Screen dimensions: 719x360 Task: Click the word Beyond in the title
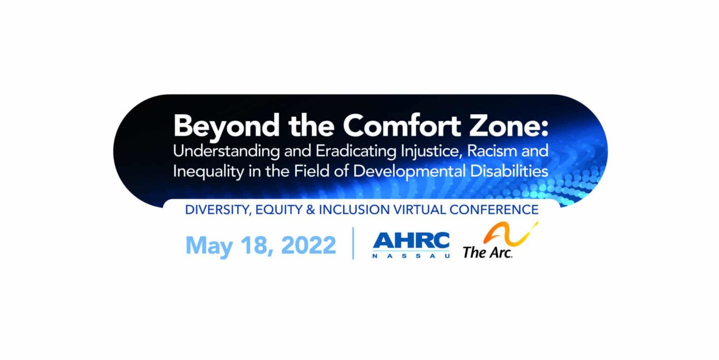(x=226, y=126)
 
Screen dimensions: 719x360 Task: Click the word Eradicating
(x=356, y=151)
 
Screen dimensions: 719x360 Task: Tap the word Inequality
(x=209, y=172)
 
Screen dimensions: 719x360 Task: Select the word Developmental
(x=409, y=172)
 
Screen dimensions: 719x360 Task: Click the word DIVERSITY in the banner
(x=218, y=210)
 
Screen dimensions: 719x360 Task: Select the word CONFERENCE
(x=494, y=210)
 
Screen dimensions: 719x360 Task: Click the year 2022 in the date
(x=308, y=245)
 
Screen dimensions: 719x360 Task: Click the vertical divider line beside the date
(x=353, y=243)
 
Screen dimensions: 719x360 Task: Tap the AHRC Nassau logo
(x=411, y=244)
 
